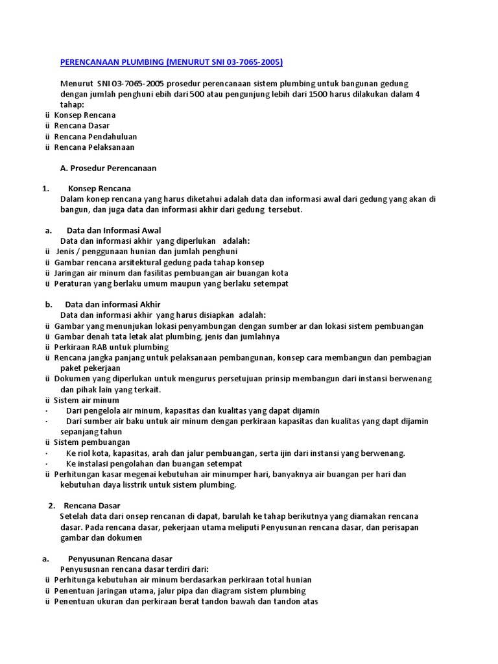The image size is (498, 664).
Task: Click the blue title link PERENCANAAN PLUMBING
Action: tap(171, 62)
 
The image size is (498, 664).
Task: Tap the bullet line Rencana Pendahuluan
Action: tap(95, 137)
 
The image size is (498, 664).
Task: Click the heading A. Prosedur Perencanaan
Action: tap(108, 168)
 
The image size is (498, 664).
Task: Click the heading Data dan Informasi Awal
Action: tap(113, 230)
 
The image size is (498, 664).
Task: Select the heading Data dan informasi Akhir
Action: tap(112, 304)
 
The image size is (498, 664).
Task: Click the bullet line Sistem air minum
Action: tap(86, 400)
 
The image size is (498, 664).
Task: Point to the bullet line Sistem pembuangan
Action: tap(91, 442)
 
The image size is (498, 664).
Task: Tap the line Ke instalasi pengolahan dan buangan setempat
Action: tap(154, 464)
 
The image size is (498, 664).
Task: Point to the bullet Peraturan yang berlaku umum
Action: tap(171, 283)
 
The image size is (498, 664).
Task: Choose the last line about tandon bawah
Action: tap(185, 601)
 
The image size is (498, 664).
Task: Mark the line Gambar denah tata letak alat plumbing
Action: tap(167, 337)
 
